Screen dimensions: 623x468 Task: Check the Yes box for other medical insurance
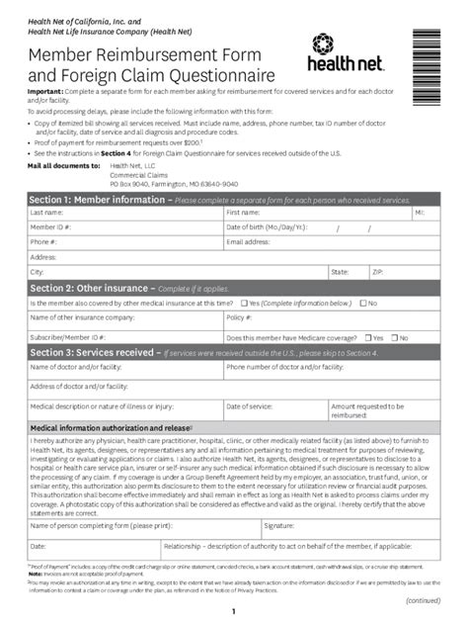[x=243, y=303]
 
